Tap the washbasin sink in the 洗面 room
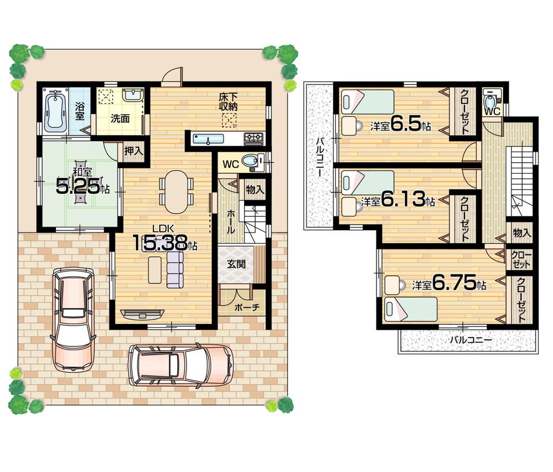[131, 96]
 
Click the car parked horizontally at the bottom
[180, 364]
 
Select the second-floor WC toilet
[489, 101]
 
